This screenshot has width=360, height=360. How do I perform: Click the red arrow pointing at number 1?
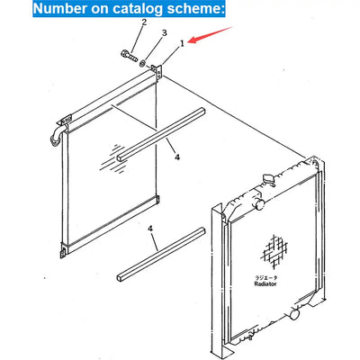click(211, 35)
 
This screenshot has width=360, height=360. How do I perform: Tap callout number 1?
click(182, 44)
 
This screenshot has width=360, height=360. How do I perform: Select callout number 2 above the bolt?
click(144, 22)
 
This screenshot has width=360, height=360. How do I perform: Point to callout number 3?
click(165, 33)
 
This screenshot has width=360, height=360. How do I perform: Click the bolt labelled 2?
click(129, 56)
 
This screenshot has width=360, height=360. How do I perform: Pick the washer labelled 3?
click(143, 63)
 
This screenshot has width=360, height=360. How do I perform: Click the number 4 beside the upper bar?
click(177, 157)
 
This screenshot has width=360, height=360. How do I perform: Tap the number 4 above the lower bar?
click(150, 229)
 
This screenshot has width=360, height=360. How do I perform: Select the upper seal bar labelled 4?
click(161, 135)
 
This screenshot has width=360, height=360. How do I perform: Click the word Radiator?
click(265, 283)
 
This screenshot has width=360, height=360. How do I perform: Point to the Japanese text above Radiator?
click(265, 277)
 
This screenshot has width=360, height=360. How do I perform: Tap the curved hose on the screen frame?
click(57, 137)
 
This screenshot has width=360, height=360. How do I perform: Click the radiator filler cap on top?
click(269, 179)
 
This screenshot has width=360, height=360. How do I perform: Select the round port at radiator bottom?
click(295, 315)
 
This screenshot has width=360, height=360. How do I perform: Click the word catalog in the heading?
click(133, 8)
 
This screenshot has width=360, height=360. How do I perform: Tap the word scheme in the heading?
click(193, 8)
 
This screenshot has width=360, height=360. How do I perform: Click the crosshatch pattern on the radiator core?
click(274, 251)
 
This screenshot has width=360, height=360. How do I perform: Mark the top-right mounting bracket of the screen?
click(157, 71)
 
